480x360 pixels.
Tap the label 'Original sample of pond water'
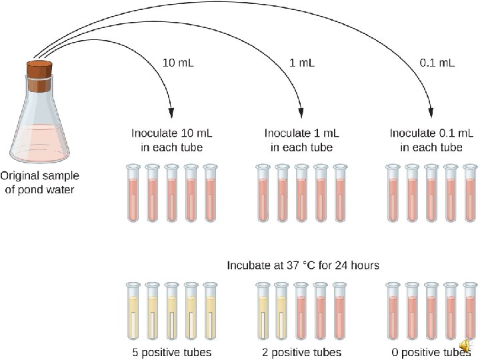pyautogui.click(x=39, y=183)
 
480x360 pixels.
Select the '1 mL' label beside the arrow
pyautogui.click(x=302, y=63)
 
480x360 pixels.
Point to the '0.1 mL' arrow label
pyautogui.click(x=437, y=63)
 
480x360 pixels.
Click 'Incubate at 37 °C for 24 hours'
pyautogui.click(x=303, y=265)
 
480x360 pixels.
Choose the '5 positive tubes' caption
pyautogui.click(x=171, y=352)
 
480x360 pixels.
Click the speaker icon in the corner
pyautogui.click(x=465, y=345)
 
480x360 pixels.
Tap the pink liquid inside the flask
pyautogui.click(x=37, y=140)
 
